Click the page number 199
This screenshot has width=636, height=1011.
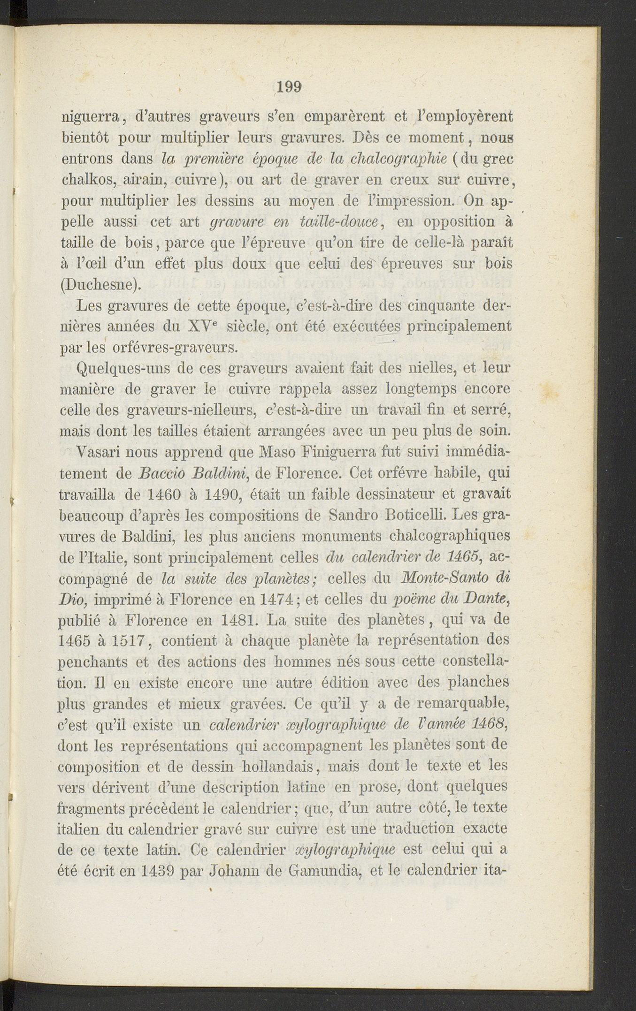[289, 87]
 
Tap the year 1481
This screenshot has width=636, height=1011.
[238, 620]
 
